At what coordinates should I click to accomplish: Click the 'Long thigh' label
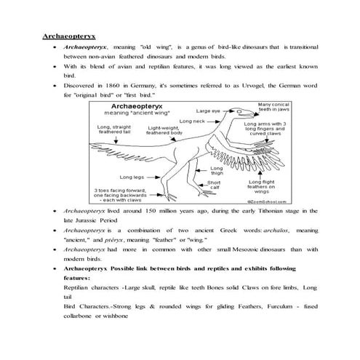(217, 171)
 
